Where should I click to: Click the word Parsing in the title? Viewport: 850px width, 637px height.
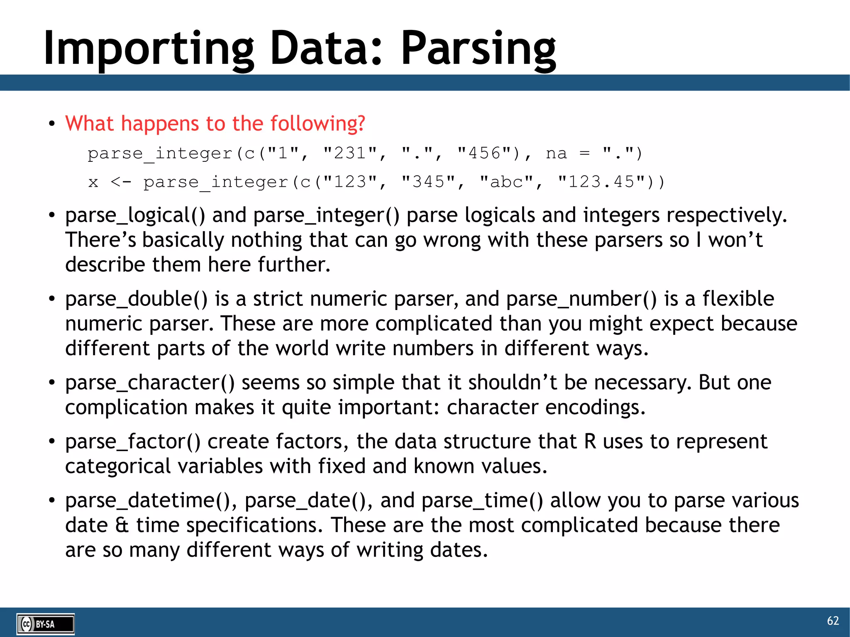pyautogui.click(x=478, y=49)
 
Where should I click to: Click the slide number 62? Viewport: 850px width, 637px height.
pyautogui.click(x=833, y=621)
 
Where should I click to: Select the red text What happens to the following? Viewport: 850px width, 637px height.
pyautogui.click(x=215, y=124)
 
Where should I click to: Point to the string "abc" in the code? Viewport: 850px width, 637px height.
pyautogui.click(x=506, y=182)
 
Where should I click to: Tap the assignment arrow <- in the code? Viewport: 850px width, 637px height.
pyautogui.click(x=121, y=182)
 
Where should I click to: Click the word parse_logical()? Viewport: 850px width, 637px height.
pyautogui.click(x=135, y=215)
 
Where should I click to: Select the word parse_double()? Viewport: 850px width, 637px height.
pyautogui.click(x=136, y=299)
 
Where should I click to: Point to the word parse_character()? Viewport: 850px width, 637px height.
pyautogui.click(x=149, y=383)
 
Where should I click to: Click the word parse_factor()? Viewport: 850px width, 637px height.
pyautogui.click(x=133, y=442)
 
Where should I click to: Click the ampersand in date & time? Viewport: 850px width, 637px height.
pyautogui.click(x=122, y=525)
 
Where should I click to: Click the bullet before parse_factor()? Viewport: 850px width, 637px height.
pyautogui.click(x=51, y=442)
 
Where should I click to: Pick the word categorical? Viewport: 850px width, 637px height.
pyautogui.click(x=118, y=466)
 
